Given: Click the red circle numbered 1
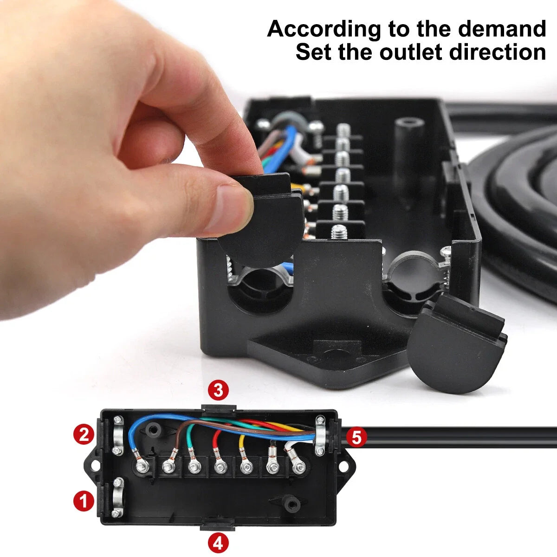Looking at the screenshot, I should (x=84, y=501).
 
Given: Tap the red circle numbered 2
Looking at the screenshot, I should (x=84, y=435).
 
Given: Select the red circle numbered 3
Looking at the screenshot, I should (x=218, y=390).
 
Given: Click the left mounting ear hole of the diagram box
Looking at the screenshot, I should (x=95, y=463).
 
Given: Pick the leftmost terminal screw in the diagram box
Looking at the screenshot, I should (x=140, y=464).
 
